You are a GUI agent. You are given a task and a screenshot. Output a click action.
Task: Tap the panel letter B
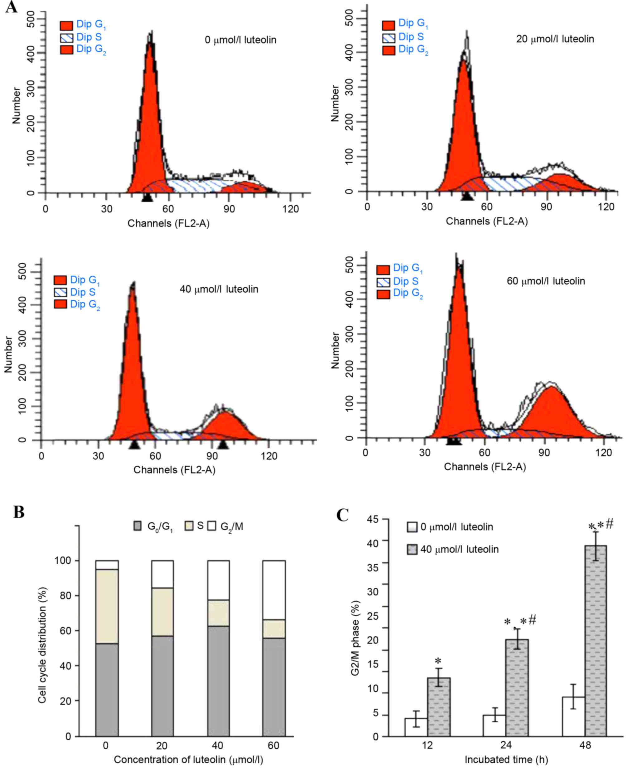click(19, 512)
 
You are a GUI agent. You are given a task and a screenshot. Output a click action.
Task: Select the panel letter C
click(342, 515)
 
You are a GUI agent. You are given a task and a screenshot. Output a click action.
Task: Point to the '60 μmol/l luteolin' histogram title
click(545, 281)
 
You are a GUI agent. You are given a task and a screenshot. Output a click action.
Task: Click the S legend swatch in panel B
click(190, 526)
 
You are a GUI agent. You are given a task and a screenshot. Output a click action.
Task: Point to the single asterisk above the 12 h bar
click(438, 661)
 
